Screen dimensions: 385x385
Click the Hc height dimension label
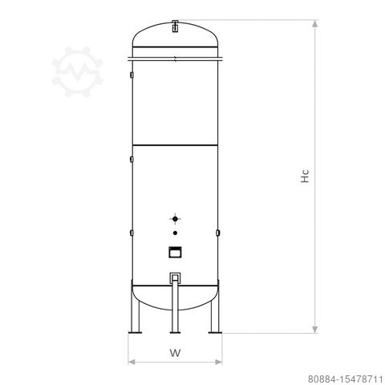[x=306, y=177]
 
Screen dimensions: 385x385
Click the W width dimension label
[x=175, y=352]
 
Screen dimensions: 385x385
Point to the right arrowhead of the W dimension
[x=217, y=361]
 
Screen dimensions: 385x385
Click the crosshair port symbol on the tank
[x=175, y=218]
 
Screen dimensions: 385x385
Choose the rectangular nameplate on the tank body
[x=175, y=252]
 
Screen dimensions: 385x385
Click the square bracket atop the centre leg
[x=175, y=278]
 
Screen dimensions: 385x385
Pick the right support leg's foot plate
[x=214, y=333]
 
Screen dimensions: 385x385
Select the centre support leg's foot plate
[x=175, y=333]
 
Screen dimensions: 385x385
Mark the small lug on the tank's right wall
[x=218, y=233]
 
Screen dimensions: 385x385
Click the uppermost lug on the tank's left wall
[x=131, y=75]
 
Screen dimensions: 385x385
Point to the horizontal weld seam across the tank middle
[x=175, y=144]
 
